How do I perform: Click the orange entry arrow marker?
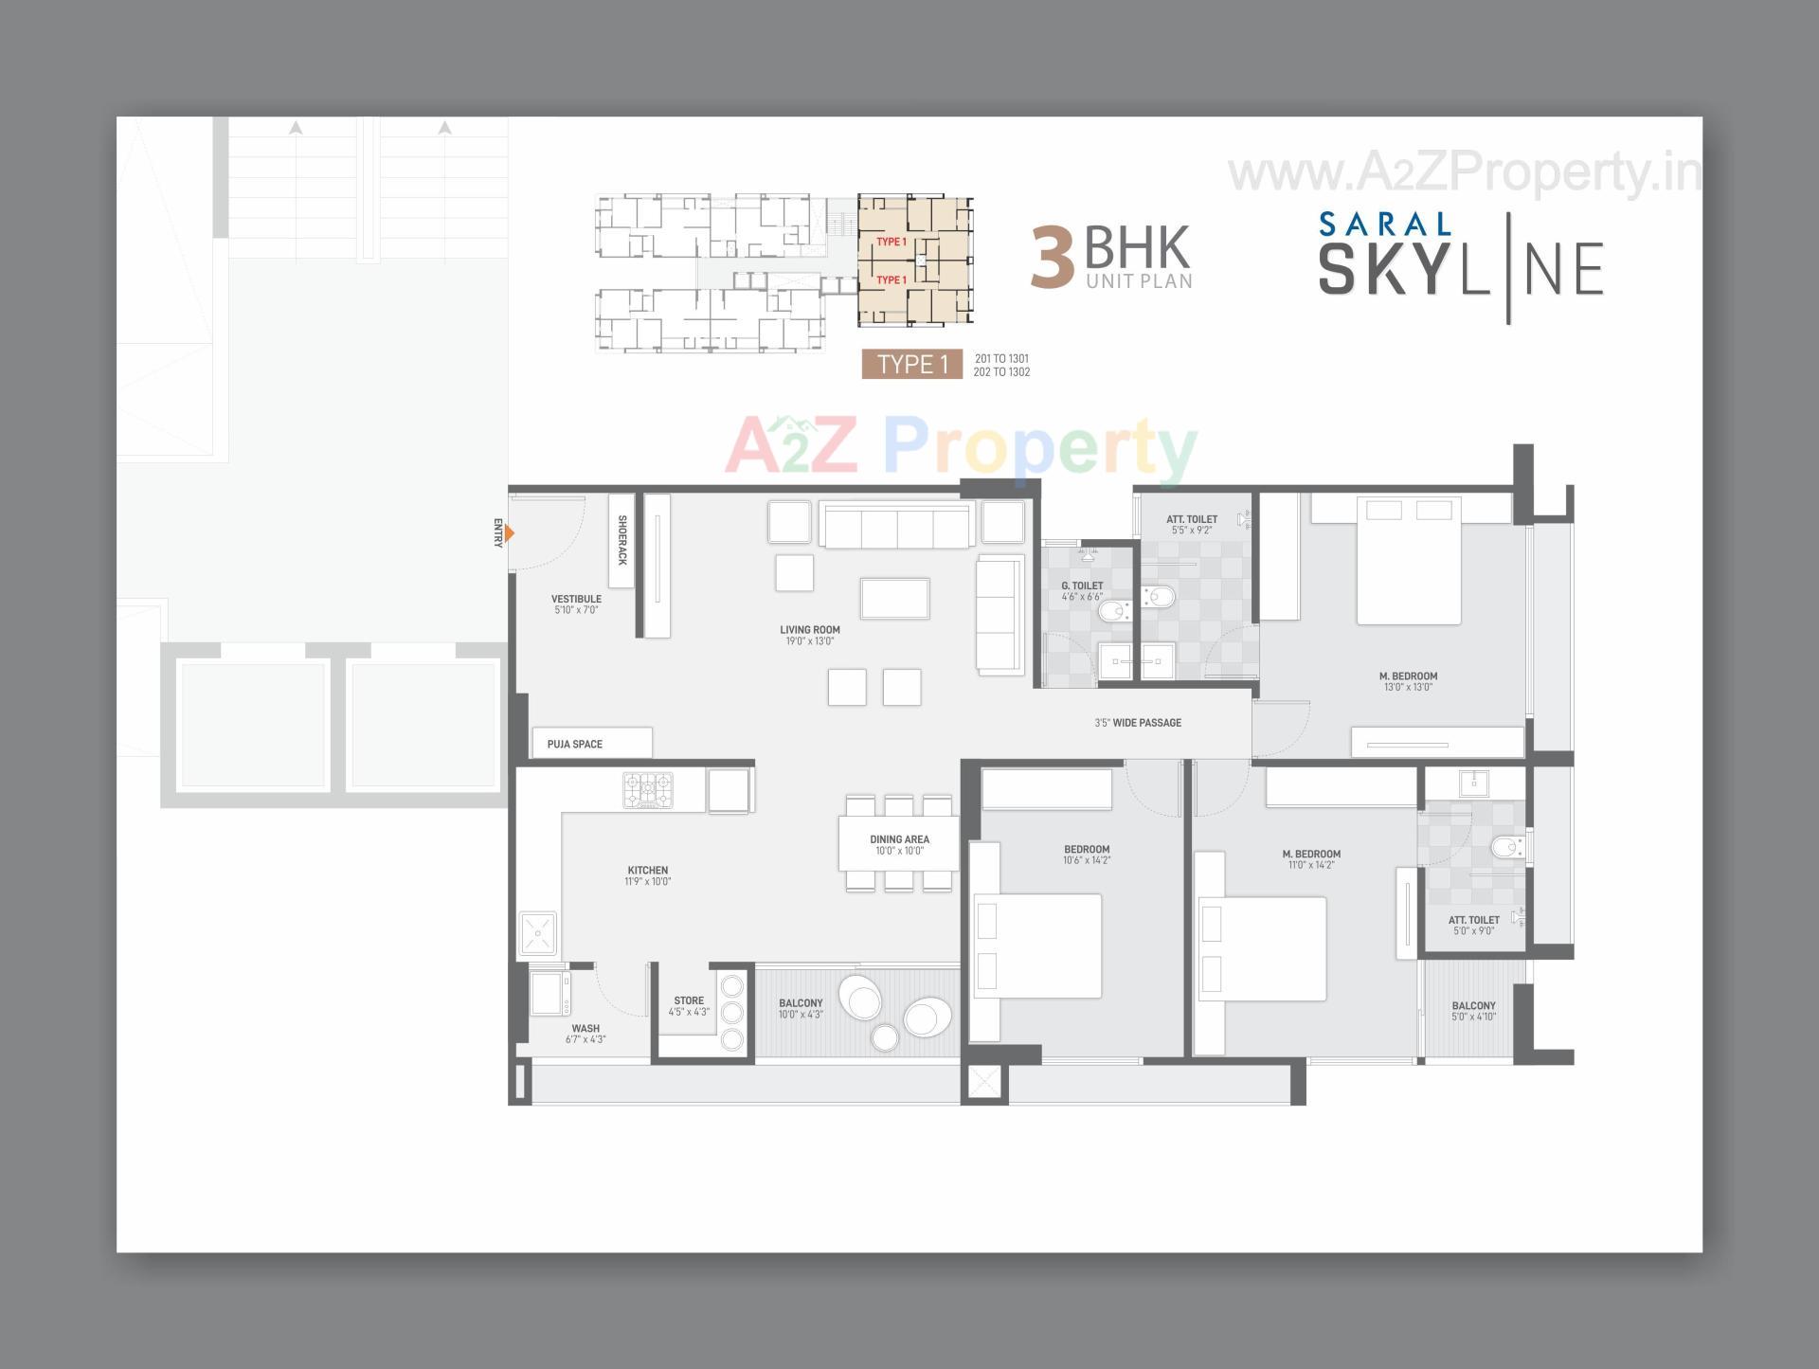pos(509,533)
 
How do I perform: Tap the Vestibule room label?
pos(576,599)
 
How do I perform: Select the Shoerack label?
pos(621,540)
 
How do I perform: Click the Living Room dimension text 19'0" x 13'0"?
pos(809,641)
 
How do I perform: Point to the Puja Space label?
pos(574,744)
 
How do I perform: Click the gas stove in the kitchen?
pos(648,790)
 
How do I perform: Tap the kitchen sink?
pos(537,933)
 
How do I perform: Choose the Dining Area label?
pos(899,839)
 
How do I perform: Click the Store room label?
pos(689,1000)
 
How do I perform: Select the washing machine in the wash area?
pos(549,993)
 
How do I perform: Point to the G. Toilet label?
pos(1082,585)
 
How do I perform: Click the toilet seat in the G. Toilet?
pos(1111,611)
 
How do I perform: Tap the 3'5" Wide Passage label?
pos(1138,723)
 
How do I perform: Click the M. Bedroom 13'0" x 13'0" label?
pos(1408,681)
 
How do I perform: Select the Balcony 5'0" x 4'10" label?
pos(1473,1011)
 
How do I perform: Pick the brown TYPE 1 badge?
pos(912,365)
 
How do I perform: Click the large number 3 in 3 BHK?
pos(1053,258)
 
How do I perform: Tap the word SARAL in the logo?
pos(1384,225)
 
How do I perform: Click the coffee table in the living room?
pos(894,598)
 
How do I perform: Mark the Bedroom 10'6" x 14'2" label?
pos(1087,855)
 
